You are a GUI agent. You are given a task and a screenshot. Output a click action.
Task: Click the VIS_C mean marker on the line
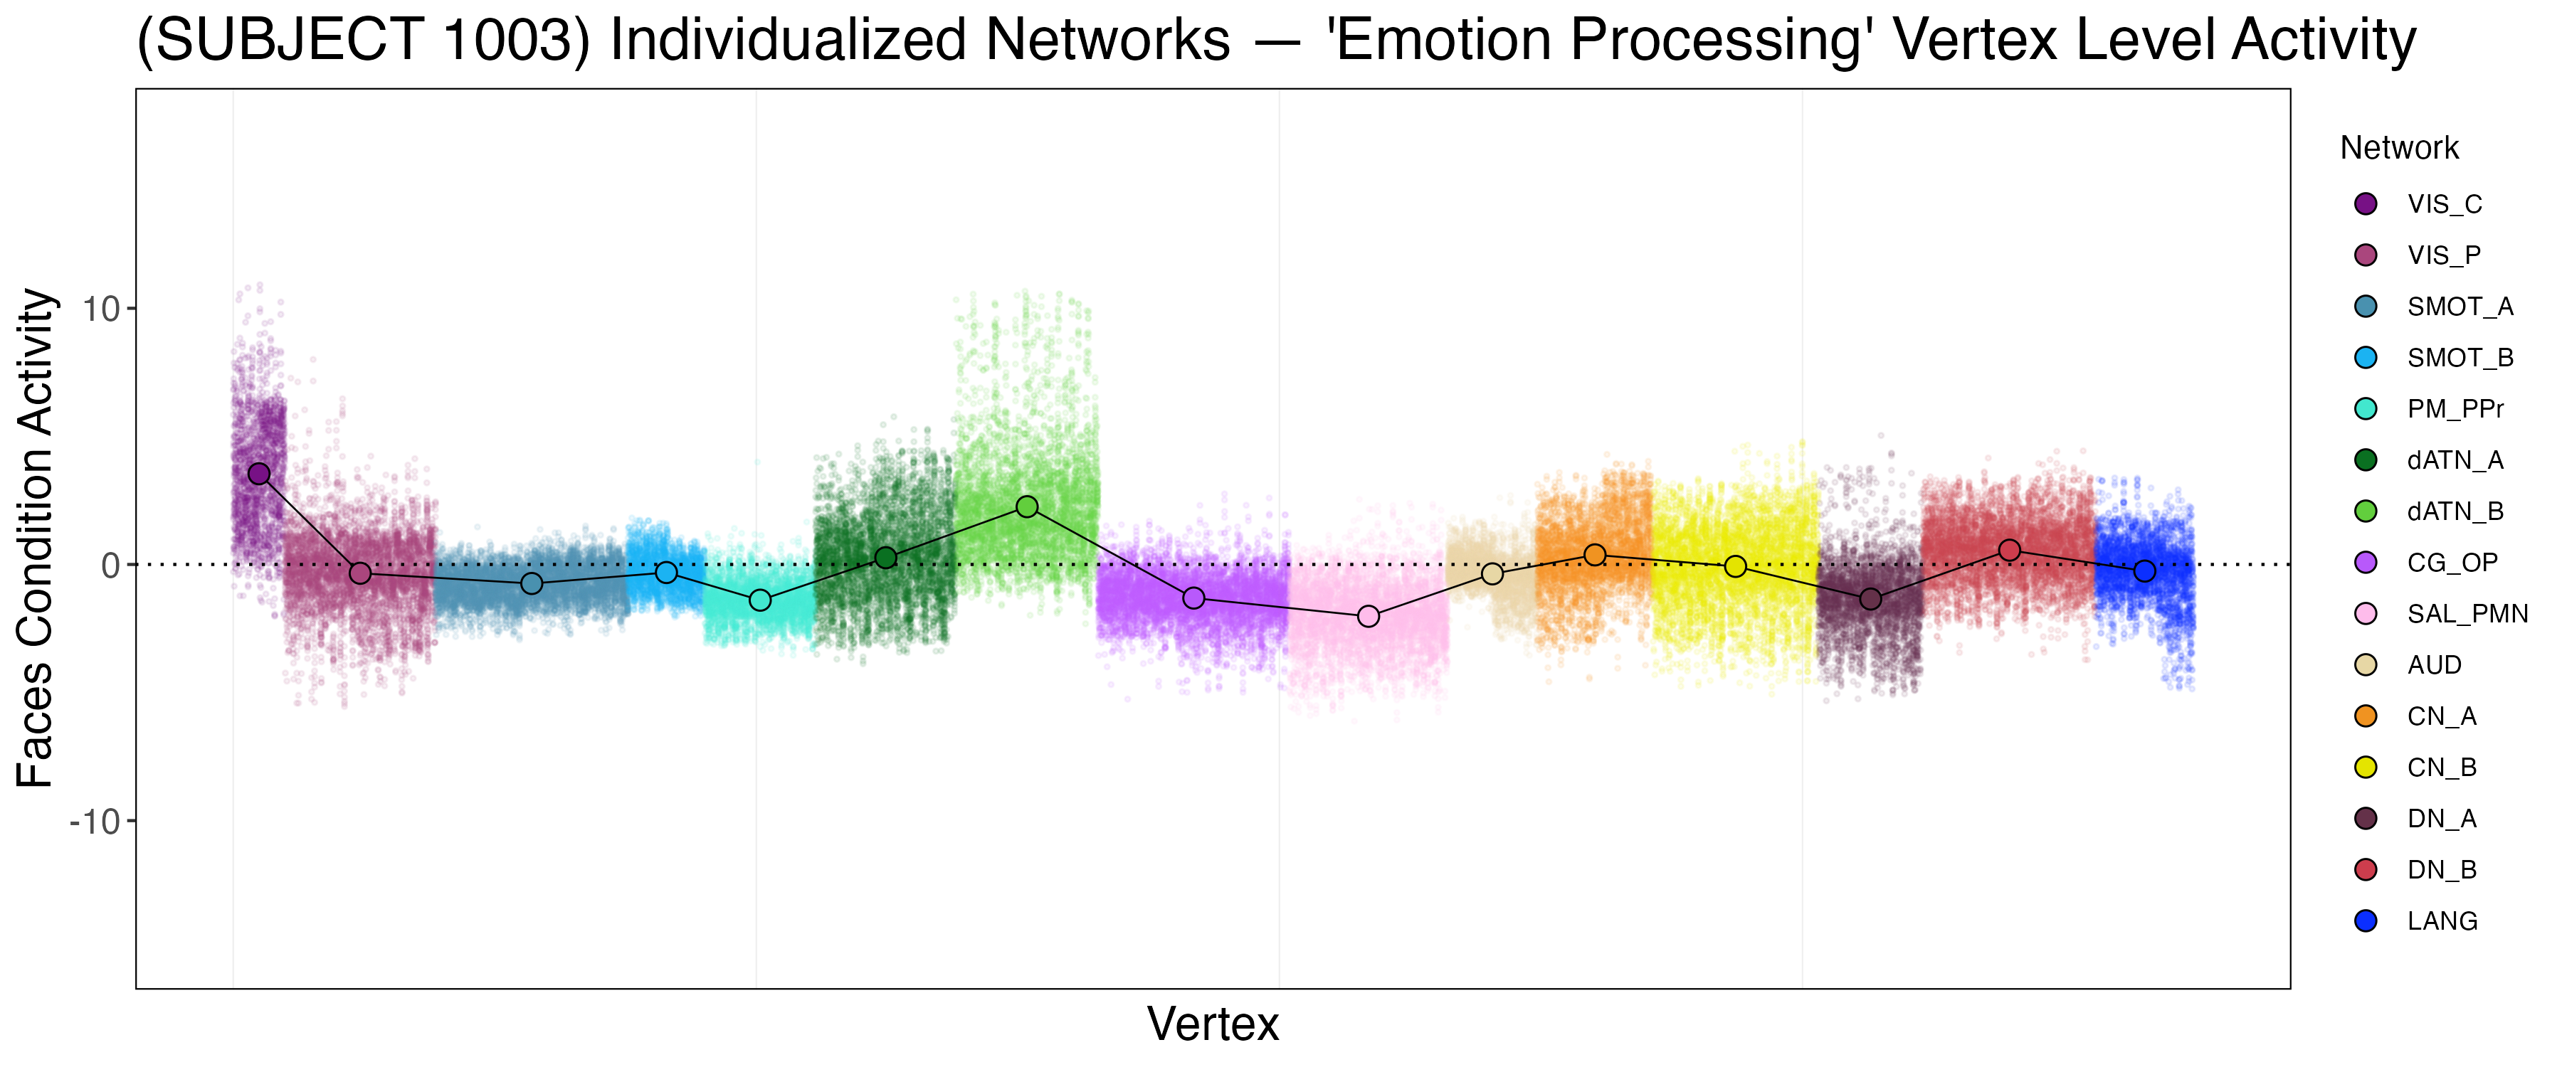[x=258, y=473]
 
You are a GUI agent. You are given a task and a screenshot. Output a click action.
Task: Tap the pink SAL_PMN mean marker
[x=1369, y=617]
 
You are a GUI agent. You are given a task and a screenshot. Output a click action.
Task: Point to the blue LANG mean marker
[x=2144, y=570]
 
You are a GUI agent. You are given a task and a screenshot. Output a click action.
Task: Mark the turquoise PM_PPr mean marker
[x=760, y=600]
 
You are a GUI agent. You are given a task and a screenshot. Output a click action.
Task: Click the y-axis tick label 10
[x=100, y=309]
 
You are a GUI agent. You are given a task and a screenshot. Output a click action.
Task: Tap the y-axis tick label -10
[x=95, y=822]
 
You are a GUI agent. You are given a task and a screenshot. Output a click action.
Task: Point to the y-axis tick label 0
[x=110, y=566]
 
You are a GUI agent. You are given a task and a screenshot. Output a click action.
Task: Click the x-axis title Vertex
[x=1213, y=1023]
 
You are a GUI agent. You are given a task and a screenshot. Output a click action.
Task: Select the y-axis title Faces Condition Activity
[x=36, y=538]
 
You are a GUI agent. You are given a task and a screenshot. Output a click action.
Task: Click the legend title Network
[x=2399, y=148]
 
